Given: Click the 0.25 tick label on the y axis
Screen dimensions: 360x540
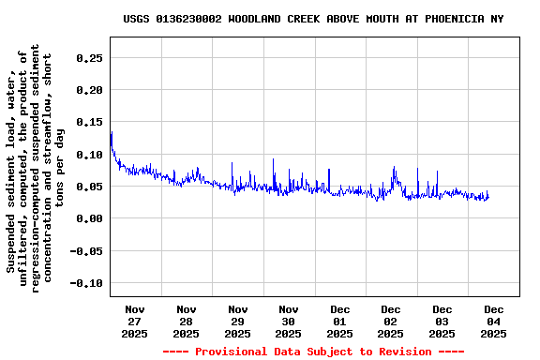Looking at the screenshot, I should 88,58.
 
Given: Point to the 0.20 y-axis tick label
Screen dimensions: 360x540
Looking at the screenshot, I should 88,90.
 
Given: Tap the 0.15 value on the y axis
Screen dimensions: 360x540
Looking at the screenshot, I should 88,122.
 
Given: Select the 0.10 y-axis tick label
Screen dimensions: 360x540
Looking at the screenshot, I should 88,155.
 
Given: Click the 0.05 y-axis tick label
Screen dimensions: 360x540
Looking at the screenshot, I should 88,187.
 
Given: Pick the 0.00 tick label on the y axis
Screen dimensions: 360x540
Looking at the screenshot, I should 88,218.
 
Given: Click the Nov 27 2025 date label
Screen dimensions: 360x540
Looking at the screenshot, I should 135,322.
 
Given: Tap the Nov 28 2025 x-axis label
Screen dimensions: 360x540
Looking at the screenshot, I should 187,322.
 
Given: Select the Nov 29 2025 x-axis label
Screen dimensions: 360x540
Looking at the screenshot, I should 237,322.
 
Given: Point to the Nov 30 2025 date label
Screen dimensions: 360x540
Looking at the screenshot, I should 289,322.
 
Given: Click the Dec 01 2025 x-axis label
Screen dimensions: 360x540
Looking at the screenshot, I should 339,322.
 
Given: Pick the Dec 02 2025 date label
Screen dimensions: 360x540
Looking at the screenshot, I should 391,322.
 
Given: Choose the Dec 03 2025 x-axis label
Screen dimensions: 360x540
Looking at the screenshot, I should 442,322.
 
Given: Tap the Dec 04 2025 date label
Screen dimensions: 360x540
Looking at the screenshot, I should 493,322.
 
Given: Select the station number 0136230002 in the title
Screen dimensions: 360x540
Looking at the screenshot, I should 189,19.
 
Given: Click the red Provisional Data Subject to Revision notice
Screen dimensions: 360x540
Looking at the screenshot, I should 313,352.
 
